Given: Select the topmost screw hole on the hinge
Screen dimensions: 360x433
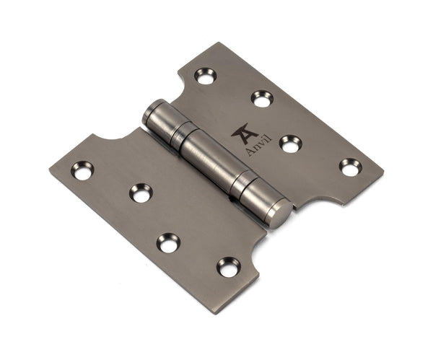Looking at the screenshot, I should pyautogui.click(x=205, y=76).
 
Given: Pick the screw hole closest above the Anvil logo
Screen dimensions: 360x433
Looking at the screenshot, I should pyautogui.click(x=262, y=98).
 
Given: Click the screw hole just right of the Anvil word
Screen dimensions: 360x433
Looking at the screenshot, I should pyautogui.click(x=290, y=144).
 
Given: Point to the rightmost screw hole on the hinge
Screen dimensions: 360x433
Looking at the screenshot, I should pyautogui.click(x=351, y=167).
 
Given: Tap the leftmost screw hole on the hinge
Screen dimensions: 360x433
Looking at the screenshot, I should pyautogui.click(x=82, y=170).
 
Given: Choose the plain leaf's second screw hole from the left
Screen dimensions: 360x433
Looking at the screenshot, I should pyautogui.click(x=140, y=193).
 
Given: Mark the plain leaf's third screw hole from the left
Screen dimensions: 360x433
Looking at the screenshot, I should pyautogui.click(x=168, y=243).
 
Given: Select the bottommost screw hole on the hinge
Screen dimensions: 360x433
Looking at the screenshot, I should pyautogui.click(x=228, y=267).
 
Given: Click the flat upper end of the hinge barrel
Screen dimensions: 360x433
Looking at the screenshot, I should pyautogui.click(x=151, y=114).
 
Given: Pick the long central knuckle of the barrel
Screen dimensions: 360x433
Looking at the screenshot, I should pyautogui.click(x=209, y=160).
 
